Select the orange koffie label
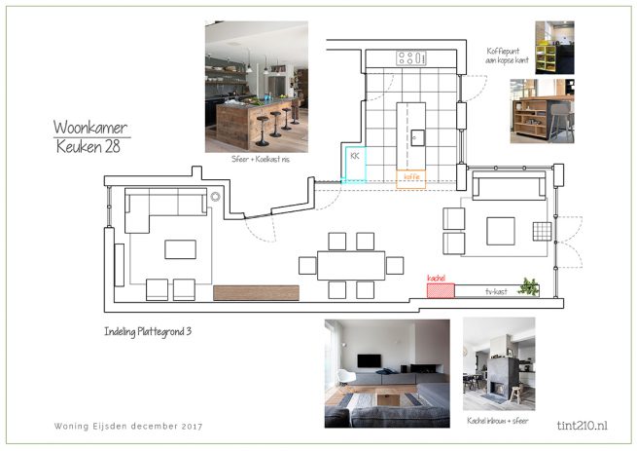click(409, 177)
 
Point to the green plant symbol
click(530, 286)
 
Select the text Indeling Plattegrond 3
click(147, 331)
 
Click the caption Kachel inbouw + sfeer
click(498, 420)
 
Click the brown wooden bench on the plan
click(256, 292)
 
